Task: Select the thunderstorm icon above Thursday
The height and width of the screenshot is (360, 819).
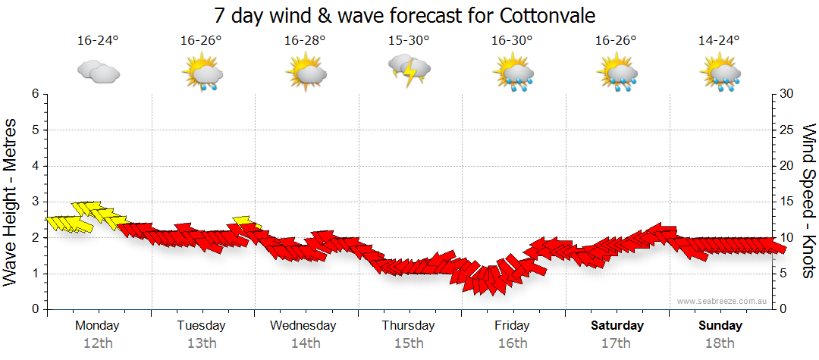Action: pos(409,71)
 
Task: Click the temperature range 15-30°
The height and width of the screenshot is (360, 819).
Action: pos(409,41)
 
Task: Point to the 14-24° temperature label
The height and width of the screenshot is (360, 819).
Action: pos(720,41)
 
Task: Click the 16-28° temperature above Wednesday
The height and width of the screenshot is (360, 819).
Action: pos(306,41)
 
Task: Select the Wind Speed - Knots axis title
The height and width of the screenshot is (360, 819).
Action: pos(808,201)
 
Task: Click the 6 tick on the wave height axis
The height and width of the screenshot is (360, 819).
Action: pos(35,94)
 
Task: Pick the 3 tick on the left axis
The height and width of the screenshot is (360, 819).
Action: pos(35,202)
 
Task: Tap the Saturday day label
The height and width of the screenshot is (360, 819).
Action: pos(617,326)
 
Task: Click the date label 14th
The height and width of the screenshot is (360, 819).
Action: pos(305,343)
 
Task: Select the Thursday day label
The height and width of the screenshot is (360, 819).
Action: pos(408,326)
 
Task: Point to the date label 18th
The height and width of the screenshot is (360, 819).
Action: pos(720,343)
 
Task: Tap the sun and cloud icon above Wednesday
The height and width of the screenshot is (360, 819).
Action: pos(306,74)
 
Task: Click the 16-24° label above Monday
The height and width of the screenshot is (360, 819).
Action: pos(99,41)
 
